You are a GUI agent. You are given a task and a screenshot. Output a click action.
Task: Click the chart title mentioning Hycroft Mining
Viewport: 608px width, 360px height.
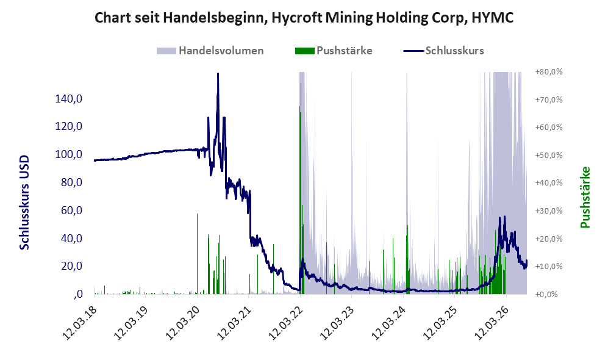click(x=304, y=18)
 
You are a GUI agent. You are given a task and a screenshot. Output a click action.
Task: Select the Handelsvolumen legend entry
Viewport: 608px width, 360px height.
click(x=210, y=51)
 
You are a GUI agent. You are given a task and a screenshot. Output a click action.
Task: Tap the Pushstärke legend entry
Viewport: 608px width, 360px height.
click(x=334, y=51)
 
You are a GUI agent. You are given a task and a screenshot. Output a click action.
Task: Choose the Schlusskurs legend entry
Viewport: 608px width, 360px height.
click(x=443, y=51)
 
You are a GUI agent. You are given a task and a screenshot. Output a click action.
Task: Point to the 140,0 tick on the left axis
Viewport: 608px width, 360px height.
click(x=69, y=98)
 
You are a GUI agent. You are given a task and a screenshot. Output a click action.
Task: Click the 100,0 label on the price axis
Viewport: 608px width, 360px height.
click(x=69, y=154)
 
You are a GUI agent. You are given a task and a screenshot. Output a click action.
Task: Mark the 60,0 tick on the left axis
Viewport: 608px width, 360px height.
click(x=72, y=211)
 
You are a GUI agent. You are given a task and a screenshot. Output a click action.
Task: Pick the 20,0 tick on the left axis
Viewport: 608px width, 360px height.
click(x=72, y=266)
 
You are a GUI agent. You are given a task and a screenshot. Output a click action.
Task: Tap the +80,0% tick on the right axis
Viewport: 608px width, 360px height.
click(x=549, y=72)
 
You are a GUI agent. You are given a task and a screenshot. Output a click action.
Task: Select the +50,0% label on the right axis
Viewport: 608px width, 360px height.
click(x=549, y=155)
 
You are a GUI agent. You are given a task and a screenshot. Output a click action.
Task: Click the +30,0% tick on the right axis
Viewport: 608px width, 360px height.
click(x=549, y=211)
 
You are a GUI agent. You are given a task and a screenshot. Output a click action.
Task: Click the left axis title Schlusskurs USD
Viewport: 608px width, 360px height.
click(x=24, y=203)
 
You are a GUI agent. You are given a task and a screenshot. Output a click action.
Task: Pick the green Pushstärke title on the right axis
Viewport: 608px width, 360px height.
click(x=585, y=198)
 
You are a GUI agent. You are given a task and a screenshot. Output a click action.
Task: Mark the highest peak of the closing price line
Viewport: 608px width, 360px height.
click(x=218, y=74)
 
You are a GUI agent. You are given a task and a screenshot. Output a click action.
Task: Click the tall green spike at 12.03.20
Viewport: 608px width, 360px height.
click(x=197, y=254)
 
